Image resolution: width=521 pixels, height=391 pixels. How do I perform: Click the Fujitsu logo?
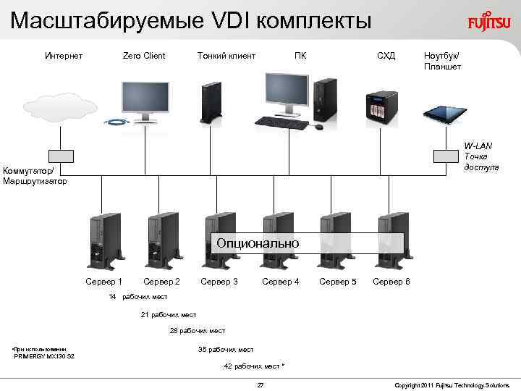tap(488, 22)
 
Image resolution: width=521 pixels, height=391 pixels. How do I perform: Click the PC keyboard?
tap(281, 122)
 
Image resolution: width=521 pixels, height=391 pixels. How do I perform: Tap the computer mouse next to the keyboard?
tap(318, 127)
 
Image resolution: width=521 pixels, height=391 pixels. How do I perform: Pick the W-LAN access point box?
tap(443, 156)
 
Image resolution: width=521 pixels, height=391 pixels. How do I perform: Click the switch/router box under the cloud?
tap(61, 156)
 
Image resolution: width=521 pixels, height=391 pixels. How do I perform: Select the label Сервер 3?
tap(219, 281)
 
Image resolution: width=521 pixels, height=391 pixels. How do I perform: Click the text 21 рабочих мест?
tap(168, 314)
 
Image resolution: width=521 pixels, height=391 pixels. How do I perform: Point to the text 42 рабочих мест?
tap(254, 366)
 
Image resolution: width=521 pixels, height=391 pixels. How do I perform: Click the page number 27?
tap(260, 384)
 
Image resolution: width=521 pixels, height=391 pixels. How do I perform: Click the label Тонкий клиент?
tap(226, 56)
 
